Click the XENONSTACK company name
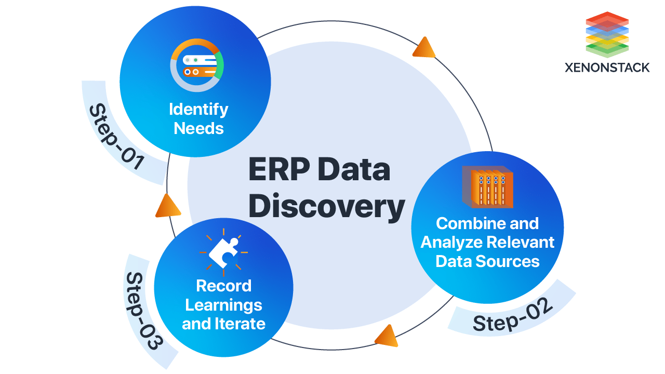(x=607, y=68)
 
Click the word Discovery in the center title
(x=330, y=206)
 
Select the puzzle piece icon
(x=223, y=252)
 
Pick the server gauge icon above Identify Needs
(x=197, y=65)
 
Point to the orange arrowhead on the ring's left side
(x=167, y=206)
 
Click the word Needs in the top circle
(x=198, y=128)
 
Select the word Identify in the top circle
(x=198, y=109)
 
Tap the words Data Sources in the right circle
(x=487, y=261)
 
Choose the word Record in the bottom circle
(x=223, y=286)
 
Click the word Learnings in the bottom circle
(x=223, y=304)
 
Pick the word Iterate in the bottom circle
(x=241, y=324)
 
